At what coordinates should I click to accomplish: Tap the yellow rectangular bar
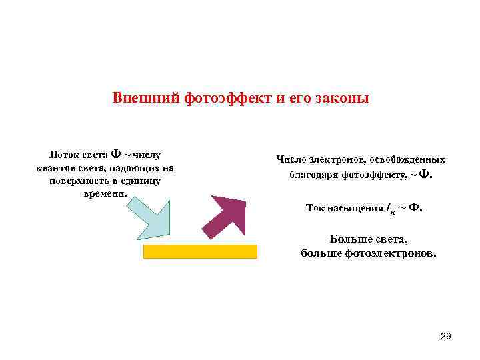click(x=200, y=251)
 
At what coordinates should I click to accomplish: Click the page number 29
click(x=446, y=337)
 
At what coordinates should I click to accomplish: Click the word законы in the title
click(x=340, y=99)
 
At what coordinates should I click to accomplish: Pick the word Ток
click(x=315, y=208)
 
